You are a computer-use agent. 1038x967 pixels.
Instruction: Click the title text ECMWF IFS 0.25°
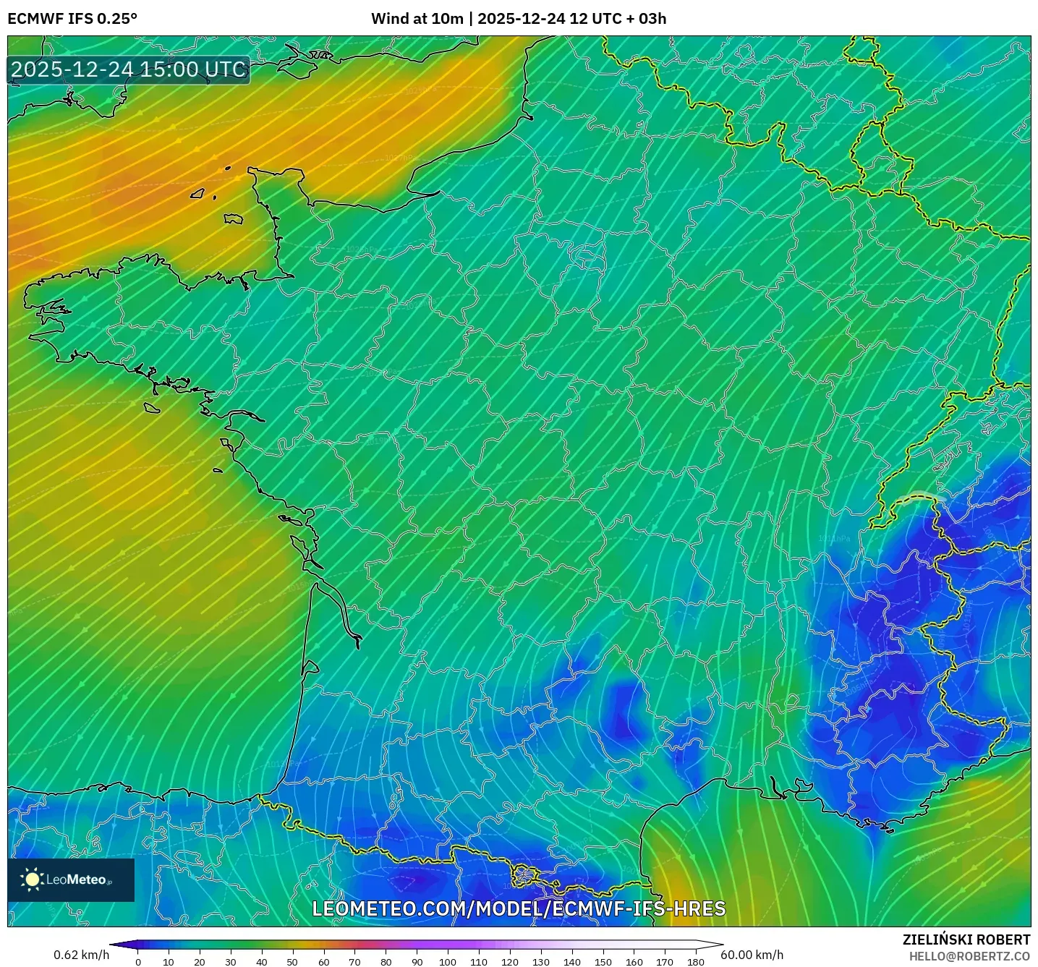point(72,19)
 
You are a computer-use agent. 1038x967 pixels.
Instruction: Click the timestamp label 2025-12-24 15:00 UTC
point(129,69)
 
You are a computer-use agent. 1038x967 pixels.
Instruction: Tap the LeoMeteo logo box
point(71,879)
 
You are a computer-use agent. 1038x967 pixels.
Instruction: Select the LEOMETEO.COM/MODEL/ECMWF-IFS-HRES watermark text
point(518,909)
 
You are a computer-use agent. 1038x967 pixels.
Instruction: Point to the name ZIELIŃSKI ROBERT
point(966,940)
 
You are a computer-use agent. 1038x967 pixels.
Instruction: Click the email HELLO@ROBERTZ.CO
point(969,956)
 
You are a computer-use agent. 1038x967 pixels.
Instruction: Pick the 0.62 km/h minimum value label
point(81,955)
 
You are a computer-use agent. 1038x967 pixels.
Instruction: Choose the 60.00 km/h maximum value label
point(752,955)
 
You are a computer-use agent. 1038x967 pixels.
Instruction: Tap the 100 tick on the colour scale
point(448,962)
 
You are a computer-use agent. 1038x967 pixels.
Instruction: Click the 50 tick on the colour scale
point(292,962)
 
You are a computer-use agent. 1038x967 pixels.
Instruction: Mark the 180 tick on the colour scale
point(695,962)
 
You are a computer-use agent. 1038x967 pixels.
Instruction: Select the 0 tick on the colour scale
point(138,962)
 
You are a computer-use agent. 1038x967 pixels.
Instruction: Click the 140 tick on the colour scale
point(571,962)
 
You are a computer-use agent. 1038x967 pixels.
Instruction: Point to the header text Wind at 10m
point(417,19)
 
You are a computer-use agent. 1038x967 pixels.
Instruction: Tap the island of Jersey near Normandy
point(233,218)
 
